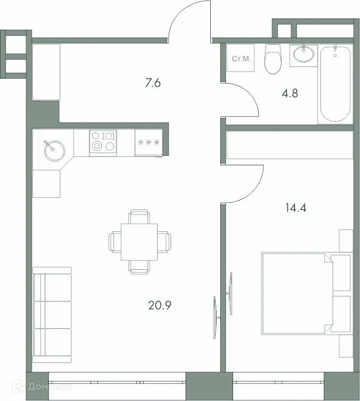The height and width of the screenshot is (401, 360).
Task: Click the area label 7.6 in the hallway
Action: point(153,84)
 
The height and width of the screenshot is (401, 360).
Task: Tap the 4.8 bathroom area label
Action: point(290,93)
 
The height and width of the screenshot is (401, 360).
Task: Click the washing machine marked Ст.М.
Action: point(241,58)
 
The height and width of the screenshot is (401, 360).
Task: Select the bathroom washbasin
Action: point(304,55)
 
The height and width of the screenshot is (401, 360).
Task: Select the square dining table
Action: point(139,241)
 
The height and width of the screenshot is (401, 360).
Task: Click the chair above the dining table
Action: point(139,216)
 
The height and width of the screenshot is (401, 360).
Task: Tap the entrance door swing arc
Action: point(190,22)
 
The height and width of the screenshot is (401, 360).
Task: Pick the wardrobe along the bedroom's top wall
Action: point(289,146)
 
